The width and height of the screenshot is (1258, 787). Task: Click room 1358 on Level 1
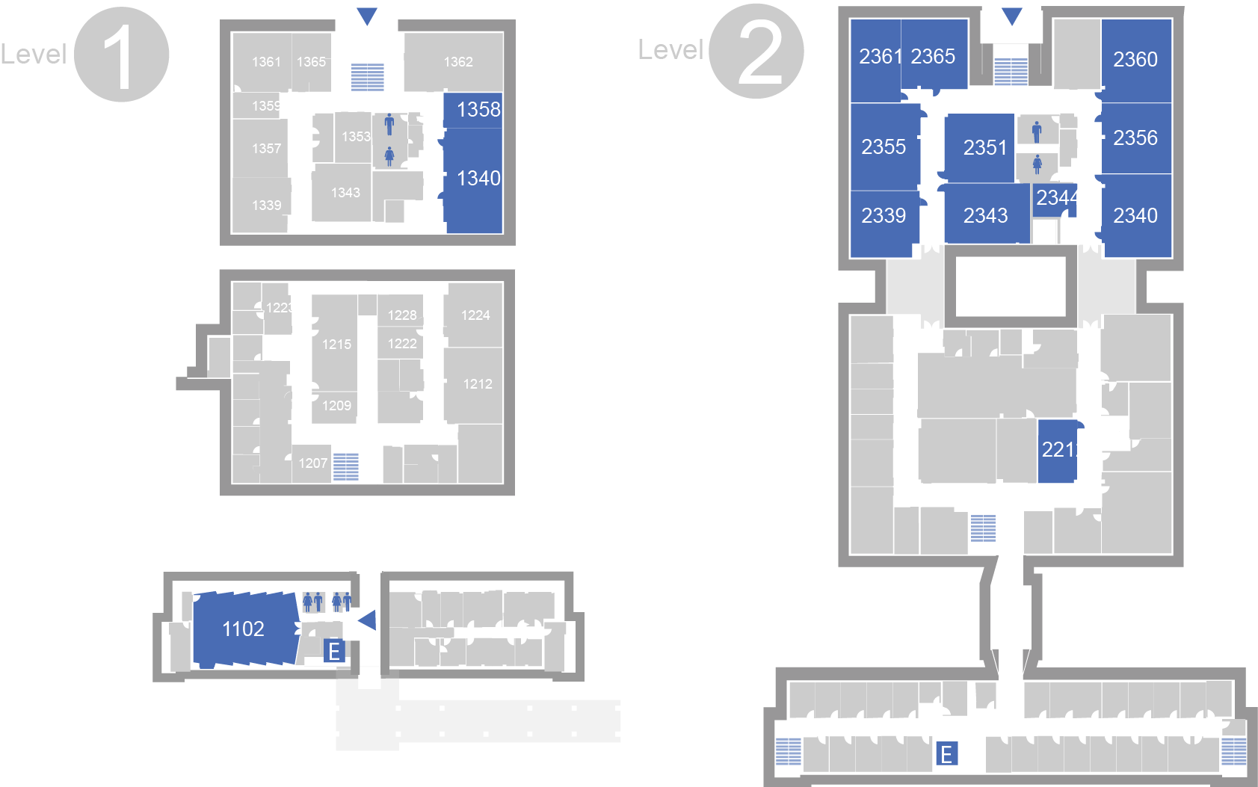pos(473,110)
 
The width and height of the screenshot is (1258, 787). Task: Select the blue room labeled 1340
pos(473,179)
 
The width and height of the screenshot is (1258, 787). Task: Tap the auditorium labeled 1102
pos(244,629)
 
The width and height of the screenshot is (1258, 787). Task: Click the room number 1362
pos(457,62)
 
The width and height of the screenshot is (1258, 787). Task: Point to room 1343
pos(345,193)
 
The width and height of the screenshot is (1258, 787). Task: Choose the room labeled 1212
pos(477,384)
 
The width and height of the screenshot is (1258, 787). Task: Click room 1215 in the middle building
pos(336,345)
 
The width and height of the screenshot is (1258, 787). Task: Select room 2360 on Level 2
pos(1135,60)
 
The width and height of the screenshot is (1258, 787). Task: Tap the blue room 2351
pos(984,148)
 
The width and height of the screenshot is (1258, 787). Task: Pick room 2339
pos(884,216)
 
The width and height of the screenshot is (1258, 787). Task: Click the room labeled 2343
pos(985,216)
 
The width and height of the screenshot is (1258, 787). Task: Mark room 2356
pos(1135,138)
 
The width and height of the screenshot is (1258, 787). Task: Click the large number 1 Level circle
pos(122,55)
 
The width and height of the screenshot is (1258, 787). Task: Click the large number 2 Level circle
pos(757,52)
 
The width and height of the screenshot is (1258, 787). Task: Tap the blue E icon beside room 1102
pos(333,652)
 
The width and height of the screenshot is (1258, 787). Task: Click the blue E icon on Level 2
pos(946,753)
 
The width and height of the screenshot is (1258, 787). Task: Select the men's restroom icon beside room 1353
pos(389,124)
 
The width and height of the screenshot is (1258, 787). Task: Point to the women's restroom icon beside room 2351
pos(1037,164)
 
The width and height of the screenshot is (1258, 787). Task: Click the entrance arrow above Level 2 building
pos(1011,16)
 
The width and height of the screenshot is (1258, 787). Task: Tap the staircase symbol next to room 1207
pos(345,467)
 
